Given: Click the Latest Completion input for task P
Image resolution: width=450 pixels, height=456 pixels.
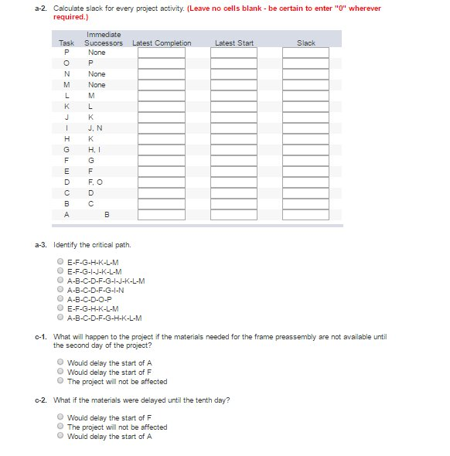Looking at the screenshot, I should pyautogui.click(x=162, y=53).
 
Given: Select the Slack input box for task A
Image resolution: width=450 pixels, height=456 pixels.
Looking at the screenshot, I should pyautogui.click(x=305, y=214).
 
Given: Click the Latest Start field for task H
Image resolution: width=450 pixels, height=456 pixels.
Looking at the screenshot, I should pyautogui.click(x=234, y=138).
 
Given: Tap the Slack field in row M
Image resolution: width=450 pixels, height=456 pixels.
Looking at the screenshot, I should pyautogui.click(x=305, y=85).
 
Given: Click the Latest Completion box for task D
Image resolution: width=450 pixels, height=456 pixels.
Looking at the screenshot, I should pyautogui.click(x=162, y=182).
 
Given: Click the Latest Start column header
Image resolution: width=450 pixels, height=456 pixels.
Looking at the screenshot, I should pyautogui.click(x=234, y=43).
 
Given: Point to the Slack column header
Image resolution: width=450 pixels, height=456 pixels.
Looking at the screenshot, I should pyautogui.click(x=305, y=43).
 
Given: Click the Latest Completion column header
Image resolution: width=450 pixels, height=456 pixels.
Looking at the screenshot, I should pyautogui.click(x=162, y=43).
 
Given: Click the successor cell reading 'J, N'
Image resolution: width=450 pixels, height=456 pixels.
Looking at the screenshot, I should pyautogui.click(x=96, y=128).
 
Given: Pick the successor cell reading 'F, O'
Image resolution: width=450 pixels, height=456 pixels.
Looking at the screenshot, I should pyautogui.click(x=96, y=182).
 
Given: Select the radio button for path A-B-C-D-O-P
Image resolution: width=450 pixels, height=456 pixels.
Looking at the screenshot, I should pyautogui.click(x=60, y=299).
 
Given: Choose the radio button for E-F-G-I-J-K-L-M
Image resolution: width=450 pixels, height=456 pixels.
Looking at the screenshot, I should pyautogui.click(x=60, y=271).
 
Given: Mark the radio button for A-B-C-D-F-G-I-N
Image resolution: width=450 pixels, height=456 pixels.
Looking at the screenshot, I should pyautogui.click(x=60, y=290).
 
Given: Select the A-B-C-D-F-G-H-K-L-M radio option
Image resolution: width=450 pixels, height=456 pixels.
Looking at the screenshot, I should pyautogui.click(x=60, y=318).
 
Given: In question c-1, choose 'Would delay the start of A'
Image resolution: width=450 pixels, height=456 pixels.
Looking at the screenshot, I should pyautogui.click(x=60, y=362).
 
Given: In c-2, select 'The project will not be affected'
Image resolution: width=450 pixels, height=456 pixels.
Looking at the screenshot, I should pyautogui.click(x=60, y=427).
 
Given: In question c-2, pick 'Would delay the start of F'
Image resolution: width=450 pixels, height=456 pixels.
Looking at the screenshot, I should pyautogui.click(x=60, y=417).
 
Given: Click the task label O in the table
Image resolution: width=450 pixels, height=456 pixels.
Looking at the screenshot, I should pyautogui.click(x=66, y=63).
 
